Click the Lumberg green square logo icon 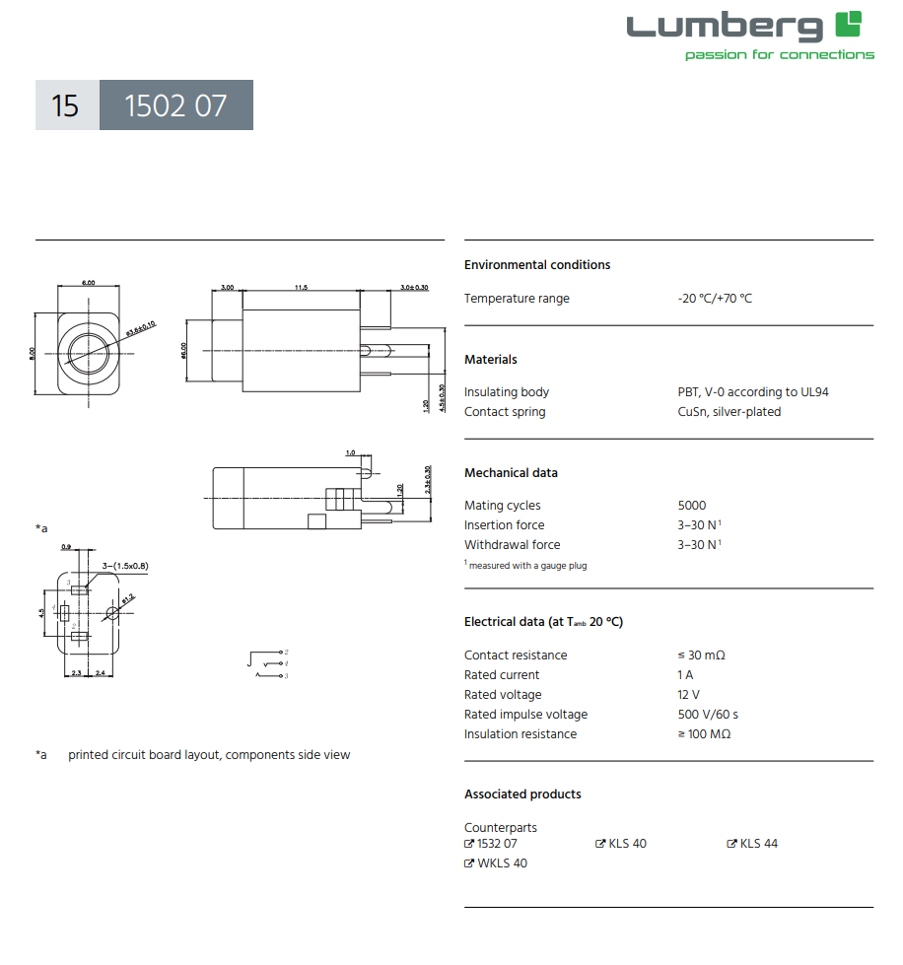click(848, 25)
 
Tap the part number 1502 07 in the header click(175, 105)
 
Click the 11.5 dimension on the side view click(301, 287)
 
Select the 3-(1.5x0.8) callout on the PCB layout click(124, 566)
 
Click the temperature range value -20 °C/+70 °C click(714, 299)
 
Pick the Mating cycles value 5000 click(691, 506)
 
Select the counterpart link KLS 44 click(758, 844)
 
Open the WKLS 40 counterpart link click(502, 863)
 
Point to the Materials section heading click(490, 360)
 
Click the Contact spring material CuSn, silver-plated click(722, 412)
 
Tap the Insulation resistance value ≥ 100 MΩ click(704, 734)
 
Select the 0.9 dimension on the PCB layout click(66, 546)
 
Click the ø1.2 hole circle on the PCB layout click(111, 614)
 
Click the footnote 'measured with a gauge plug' click(526, 566)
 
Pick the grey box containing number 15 click(66, 105)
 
